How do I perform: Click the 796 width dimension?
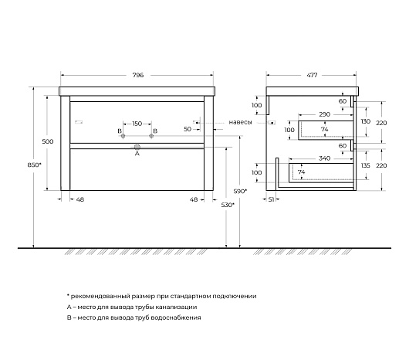(x=138, y=75)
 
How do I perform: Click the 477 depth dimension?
(x=312, y=75)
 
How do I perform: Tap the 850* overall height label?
(x=35, y=165)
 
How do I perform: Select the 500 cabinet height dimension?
(x=48, y=141)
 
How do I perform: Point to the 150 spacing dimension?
(x=137, y=124)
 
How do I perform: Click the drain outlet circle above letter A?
(x=137, y=147)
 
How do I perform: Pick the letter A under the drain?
(x=137, y=154)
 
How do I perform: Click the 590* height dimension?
(x=240, y=191)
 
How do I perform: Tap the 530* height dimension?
(x=228, y=205)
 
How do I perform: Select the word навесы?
(x=240, y=122)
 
